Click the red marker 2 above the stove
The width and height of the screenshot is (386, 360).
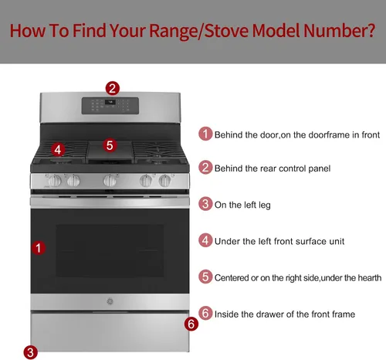[x=113, y=88]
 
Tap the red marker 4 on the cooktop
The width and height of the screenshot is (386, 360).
[x=58, y=150]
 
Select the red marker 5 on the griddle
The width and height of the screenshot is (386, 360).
[x=110, y=145]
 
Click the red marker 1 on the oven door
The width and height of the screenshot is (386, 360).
[x=39, y=248]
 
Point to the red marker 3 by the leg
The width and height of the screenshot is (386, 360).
[x=30, y=352]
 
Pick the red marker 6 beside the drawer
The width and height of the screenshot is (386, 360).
[x=191, y=324]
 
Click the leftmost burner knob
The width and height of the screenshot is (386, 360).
[x=54, y=180]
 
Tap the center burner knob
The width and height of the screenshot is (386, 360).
[x=110, y=180]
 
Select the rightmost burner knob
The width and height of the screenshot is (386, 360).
[x=165, y=180]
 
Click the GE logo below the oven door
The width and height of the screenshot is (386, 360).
[x=110, y=301]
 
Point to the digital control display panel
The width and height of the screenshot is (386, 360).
[x=110, y=106]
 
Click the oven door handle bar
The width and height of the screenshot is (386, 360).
[x=110, y=202]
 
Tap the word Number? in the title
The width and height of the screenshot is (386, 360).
[x=339, y=30]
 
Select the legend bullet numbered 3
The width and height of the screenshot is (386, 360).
[x=205, y=204]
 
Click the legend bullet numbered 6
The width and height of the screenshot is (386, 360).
[x=205, y=313]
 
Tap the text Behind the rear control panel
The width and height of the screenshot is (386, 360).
[x=273, y=168]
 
